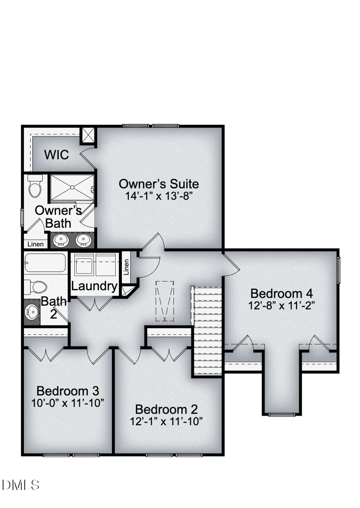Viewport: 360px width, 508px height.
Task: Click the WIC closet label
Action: (x=57, y=155)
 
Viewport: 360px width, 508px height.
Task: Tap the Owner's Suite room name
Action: (x=158, y=184)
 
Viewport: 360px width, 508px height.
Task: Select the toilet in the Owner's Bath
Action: (x=35, y=186)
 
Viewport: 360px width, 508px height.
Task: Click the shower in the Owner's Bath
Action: (x=72, y=188)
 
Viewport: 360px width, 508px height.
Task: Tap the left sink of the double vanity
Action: (x=61, y=240)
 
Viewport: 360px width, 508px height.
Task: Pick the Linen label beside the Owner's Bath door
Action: (x=36, y=244)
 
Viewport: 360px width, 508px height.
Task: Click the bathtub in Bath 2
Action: (x=45, y=263)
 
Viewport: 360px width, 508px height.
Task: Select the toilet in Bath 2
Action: (x=36, y=287)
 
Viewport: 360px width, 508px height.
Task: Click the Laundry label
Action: (x=94, y=286)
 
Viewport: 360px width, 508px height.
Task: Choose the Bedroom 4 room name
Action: (x=281, y=293)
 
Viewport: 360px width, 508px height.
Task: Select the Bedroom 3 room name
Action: (x=67, y=390)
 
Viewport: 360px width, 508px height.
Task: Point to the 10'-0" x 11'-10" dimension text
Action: (x=67, y=402)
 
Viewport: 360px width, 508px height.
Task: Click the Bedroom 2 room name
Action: (x=166, y=409)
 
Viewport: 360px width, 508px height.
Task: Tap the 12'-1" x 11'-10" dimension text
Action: (x=166, y=422)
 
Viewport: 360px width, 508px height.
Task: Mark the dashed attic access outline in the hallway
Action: (x=164, y=301)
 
